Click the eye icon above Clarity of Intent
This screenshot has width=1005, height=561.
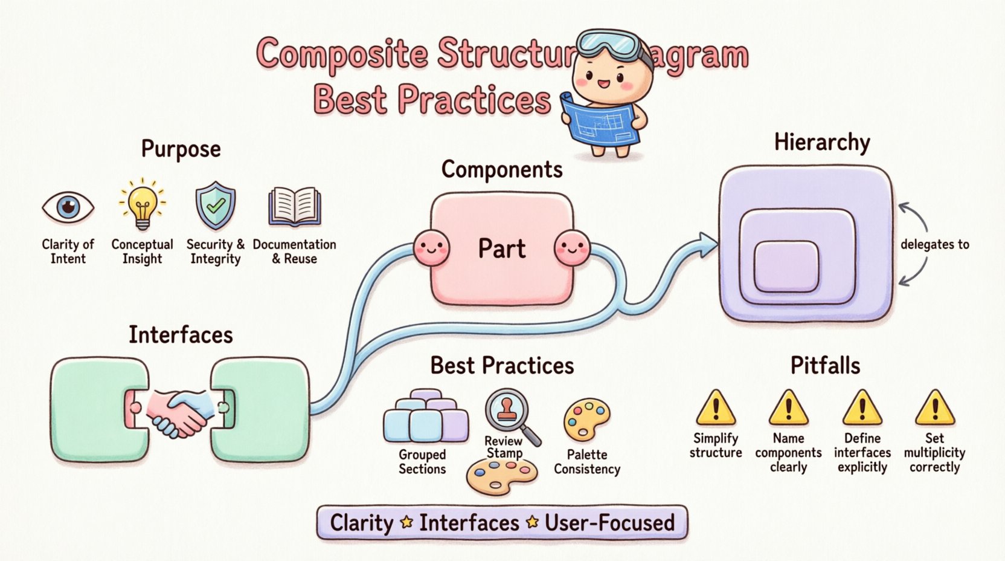[x=68, y=207]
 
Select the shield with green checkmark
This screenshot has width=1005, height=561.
[x=215, y=206]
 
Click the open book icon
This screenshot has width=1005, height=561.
[x=294, y=207]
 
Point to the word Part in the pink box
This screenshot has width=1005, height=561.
[x=501, y=248]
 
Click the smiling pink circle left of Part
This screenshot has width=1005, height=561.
[x=431, y=248]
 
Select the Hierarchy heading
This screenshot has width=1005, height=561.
[x=821, y=143]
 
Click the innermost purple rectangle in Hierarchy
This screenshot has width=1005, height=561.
[x=786, y=266]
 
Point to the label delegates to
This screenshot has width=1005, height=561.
[x=934, y=244]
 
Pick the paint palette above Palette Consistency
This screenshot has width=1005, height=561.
[x=586, y=419]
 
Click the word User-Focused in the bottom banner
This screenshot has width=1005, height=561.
[x=609, y=522]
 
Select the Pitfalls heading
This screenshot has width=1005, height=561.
[x=825, y=366]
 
